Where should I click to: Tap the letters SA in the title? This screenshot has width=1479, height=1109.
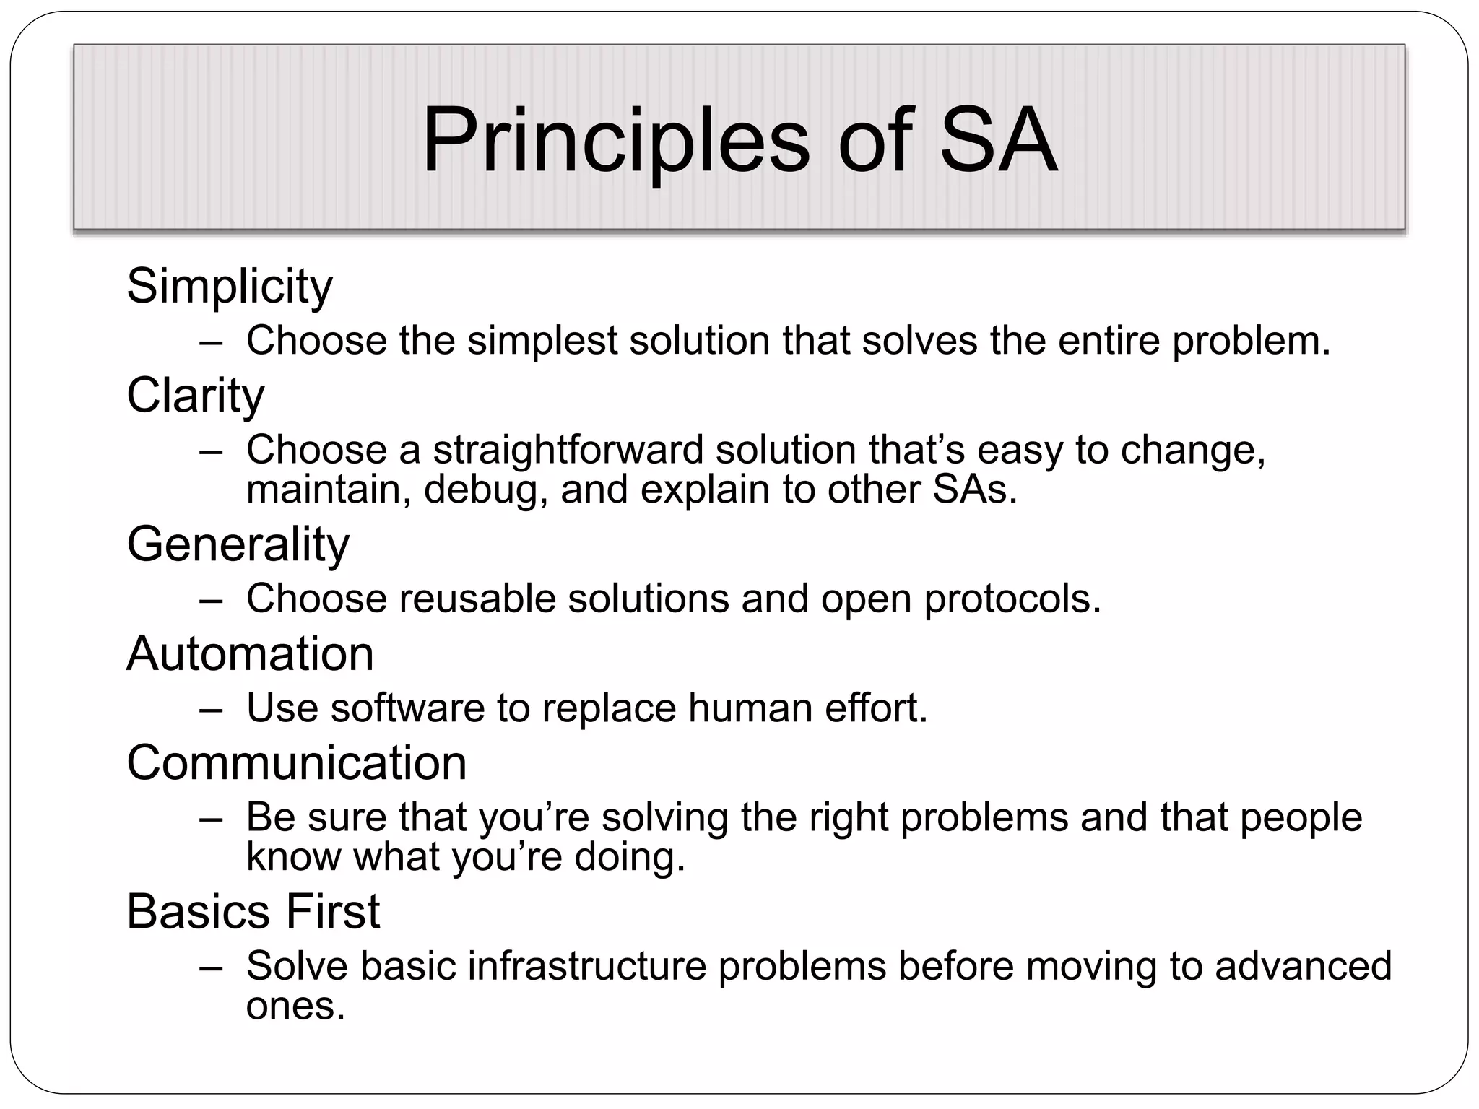click(998, 141)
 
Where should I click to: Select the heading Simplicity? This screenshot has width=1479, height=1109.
click(230, 287)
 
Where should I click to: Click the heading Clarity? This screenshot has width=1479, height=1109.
click(195, 396)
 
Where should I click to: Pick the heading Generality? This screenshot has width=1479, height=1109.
click(238, 544)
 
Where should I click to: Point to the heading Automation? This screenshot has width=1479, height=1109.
click(250, 653)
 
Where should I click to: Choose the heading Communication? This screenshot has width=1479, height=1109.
click(296, 763)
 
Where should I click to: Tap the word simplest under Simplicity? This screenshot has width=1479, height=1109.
click(542, 340)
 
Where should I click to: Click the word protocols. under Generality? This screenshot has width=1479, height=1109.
click(1012, 599)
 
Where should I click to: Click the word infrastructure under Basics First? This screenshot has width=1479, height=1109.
click(587, 966)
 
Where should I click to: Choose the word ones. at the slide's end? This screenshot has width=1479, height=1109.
click(295, 1006)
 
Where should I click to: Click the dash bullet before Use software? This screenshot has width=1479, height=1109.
click(211, 708)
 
